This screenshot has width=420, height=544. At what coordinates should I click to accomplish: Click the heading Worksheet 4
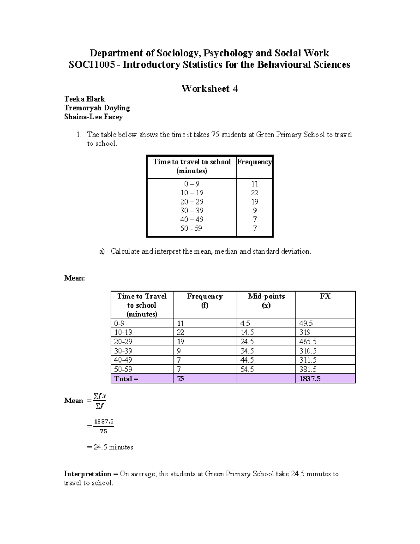coord(209,89)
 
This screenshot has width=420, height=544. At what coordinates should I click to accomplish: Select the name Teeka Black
coord(84,99)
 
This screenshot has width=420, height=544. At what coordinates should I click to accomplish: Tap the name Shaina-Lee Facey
coord(93,117)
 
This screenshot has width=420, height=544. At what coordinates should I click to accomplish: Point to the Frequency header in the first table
coord(254,162)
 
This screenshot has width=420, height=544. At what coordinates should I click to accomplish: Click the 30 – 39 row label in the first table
coord(191,211)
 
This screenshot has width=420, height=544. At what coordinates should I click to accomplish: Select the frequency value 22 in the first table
coord(254,193)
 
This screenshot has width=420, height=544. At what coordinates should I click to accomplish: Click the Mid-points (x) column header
coord(266,301)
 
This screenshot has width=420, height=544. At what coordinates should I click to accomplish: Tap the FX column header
coord(325,296)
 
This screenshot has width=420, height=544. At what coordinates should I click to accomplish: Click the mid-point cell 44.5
coord(247,360)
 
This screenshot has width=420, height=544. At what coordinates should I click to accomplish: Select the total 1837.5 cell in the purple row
coord(310,379)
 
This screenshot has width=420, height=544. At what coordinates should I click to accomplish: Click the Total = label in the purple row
coord(126,379)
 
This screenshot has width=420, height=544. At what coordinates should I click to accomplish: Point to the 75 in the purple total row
coord(181,379)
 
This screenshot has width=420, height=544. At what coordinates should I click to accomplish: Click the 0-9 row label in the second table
coord(119,323)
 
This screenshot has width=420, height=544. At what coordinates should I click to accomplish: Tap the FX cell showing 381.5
coord(308,369)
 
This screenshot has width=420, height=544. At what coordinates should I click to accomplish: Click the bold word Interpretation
coord(87,474)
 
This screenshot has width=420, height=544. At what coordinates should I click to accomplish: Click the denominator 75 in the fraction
coord(103,432)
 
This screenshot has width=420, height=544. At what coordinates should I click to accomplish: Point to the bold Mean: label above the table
coord(75,278)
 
